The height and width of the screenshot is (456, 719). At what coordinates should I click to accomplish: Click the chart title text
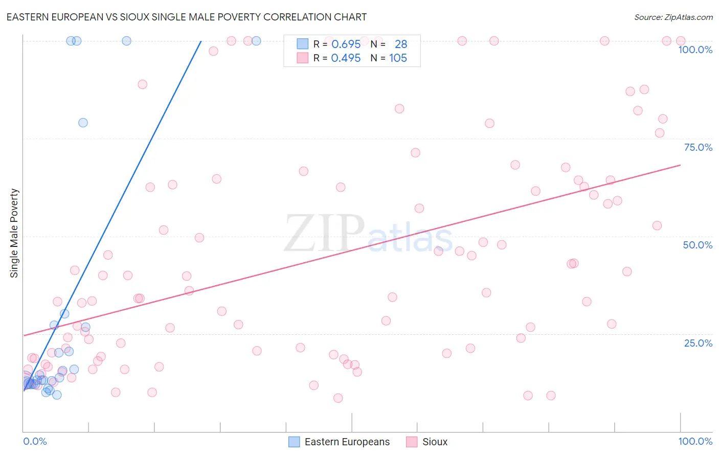click(187, 17)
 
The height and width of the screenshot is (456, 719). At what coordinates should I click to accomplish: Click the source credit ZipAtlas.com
click(673, 17)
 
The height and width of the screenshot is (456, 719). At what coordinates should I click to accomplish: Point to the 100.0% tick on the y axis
click(695, 50)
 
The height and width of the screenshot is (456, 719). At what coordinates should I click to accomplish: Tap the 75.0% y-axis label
click(698, 147)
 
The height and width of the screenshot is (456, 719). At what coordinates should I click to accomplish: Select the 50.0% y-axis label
click(698, 245)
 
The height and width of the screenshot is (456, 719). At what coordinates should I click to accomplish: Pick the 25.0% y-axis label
click(698, 343)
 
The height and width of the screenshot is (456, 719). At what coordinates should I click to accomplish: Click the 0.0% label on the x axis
click(35, 441)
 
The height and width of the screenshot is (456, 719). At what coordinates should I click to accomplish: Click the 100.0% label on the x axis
click(695, 441)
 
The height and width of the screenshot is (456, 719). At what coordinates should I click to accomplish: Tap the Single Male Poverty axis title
click(14, 233)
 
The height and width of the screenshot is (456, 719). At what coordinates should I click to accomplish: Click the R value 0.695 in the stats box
click(346, 44)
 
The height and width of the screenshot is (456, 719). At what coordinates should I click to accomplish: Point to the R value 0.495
click(346, 58)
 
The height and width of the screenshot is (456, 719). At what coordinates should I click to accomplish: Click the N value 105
click(398, 58)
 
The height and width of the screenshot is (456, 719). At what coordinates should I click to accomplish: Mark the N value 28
click(401, 44)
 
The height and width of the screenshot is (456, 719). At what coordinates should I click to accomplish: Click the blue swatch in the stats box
click(303, 44)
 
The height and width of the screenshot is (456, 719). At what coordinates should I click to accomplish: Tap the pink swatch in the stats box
click(303, 58)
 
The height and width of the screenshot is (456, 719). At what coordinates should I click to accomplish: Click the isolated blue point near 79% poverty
click(83, 123)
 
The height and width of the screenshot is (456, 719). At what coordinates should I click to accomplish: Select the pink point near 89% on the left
click(142, 84)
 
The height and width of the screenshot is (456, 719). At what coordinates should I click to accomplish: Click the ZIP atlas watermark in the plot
click(368, 234)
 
